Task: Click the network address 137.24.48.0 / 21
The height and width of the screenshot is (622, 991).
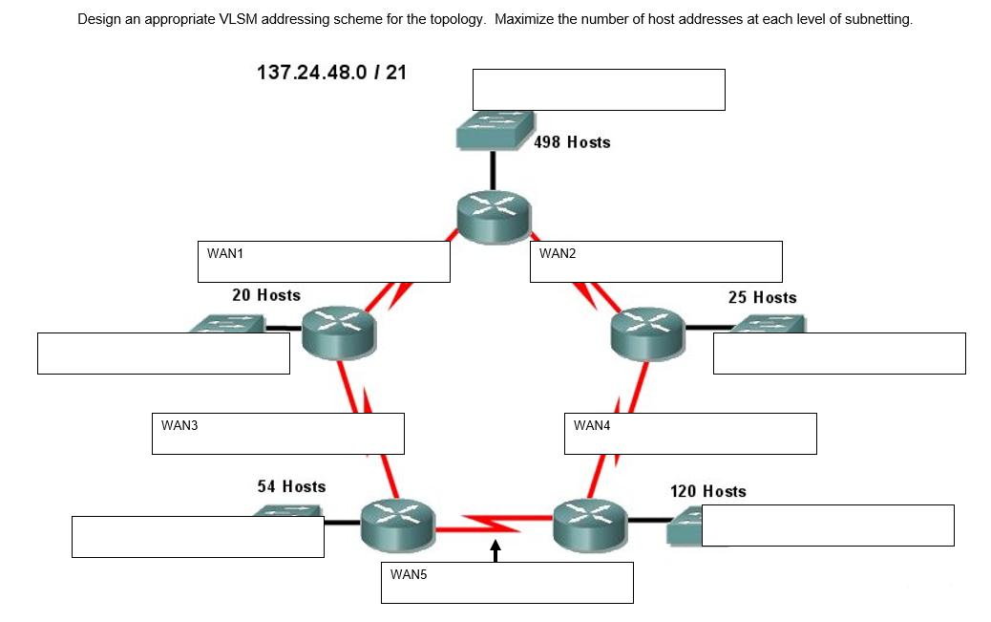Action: pos(332,73)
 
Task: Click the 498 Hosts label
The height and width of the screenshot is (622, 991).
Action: pos(572,142)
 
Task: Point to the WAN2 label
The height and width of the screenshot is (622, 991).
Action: pos(558,254)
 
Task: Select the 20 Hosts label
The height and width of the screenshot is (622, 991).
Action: pos(266,295)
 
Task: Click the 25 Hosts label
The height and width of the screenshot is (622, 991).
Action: pos(762,297)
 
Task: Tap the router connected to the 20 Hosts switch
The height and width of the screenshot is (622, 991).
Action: pos(340,333)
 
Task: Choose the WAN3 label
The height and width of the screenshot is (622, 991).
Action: pos(179,425)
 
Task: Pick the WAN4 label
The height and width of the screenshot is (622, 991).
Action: pos(592,425)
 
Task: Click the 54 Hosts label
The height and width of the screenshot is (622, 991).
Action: pos(291,487)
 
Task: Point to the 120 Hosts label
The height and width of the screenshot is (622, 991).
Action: pos(708,491)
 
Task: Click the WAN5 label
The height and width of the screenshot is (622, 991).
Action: pos(410,574)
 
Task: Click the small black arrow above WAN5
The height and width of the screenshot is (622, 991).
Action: pos(495,551)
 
